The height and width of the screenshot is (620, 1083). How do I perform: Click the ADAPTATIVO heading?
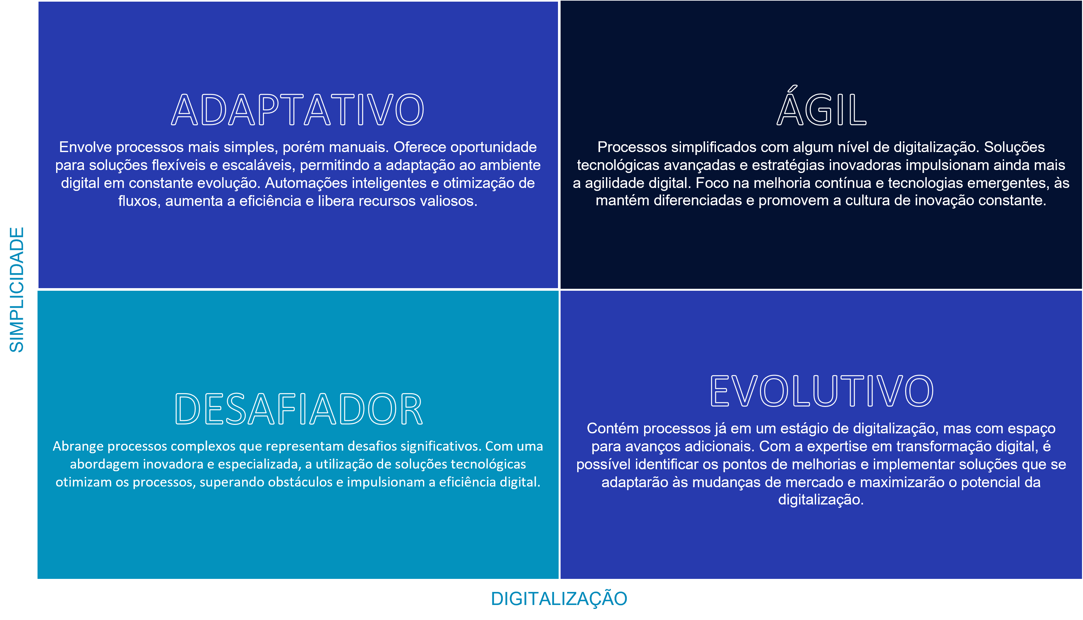(x=298, y=110)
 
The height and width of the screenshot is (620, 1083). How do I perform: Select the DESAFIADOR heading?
(x=299, y=409)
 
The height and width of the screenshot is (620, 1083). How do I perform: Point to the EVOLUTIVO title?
(x=822, y=391)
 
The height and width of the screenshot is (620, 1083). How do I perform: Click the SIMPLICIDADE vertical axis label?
(x=17, y=289)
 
